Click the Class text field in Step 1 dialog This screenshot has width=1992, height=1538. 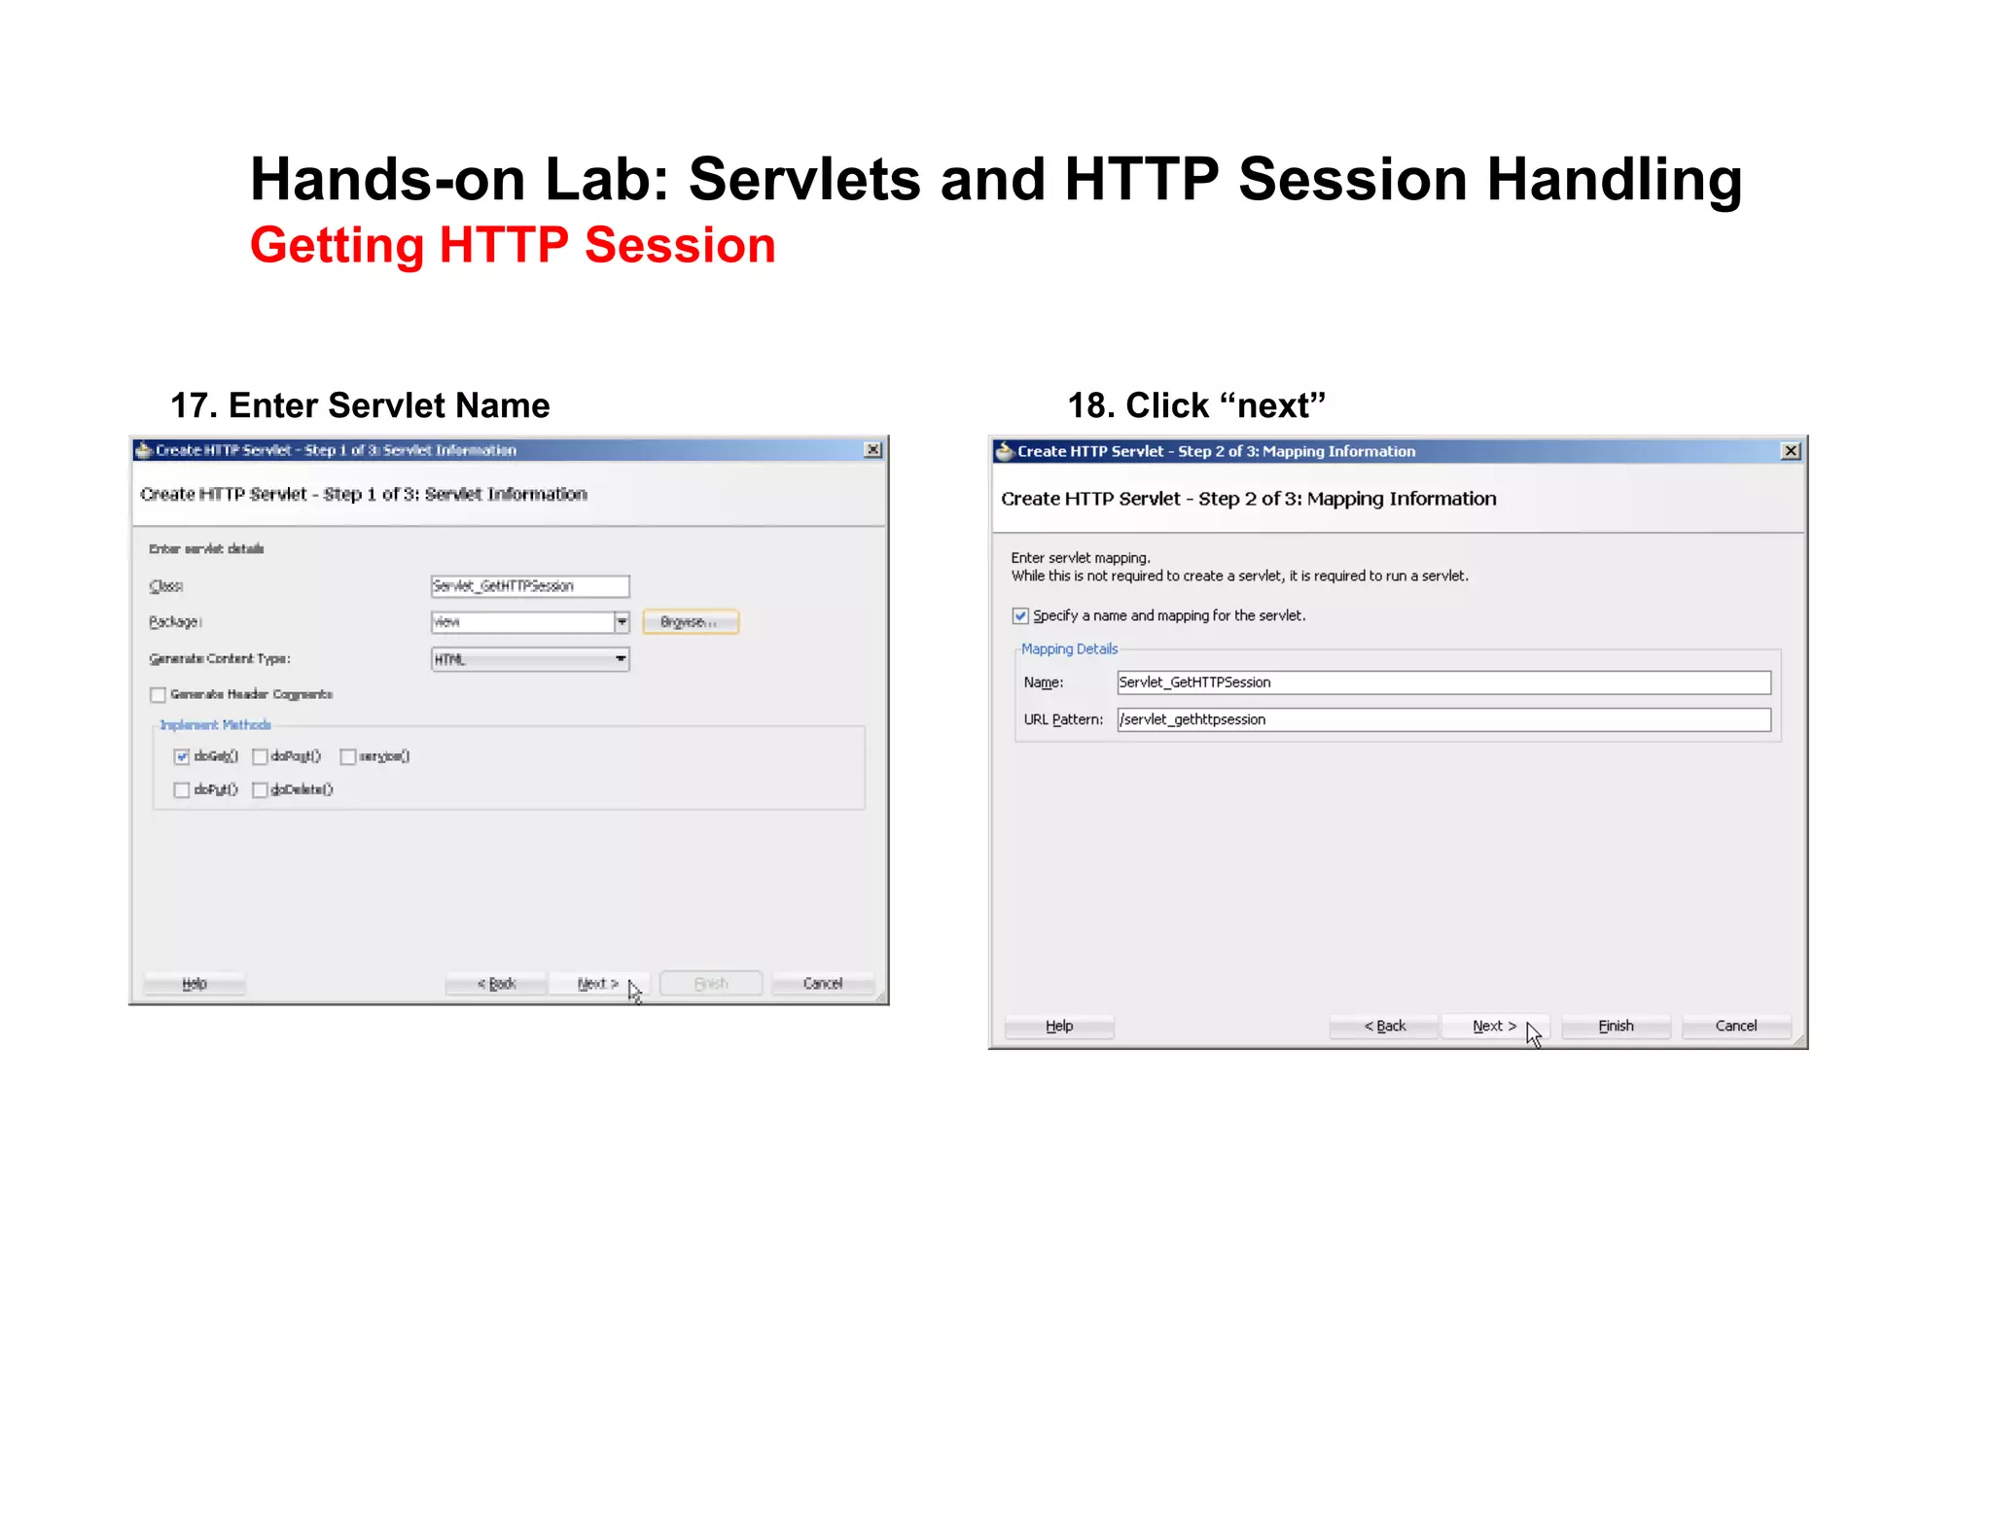click(530, 586)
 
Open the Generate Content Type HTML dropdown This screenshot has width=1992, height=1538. click(530, 660)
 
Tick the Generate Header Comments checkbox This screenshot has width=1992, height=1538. click(159, 695)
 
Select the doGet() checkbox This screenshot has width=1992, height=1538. click(182, 757)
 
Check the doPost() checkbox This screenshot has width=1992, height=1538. click(260, 757)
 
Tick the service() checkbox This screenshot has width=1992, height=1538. click(348, 757)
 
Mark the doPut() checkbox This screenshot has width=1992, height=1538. click(182, 790)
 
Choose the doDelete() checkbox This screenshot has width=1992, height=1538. click(260, 790)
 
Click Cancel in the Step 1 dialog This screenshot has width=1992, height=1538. click(822, 984)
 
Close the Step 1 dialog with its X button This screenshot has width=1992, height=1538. click(872, 450)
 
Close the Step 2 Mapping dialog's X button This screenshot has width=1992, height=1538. click(1791, 451)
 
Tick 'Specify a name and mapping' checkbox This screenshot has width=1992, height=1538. click(1020, 616)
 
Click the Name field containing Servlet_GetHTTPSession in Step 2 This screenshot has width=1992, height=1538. click(1443, 682)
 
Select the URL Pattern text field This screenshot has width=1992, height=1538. click(1443, 720)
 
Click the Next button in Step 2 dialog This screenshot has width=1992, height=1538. click(1493, 1027)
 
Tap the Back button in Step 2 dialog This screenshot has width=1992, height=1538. click(1384, 1027)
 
